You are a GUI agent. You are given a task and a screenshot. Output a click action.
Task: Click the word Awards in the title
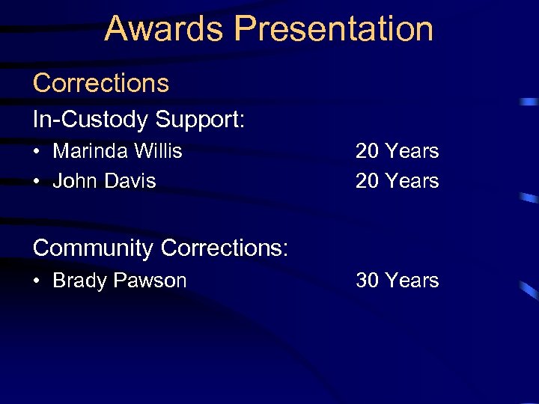pos(165,28)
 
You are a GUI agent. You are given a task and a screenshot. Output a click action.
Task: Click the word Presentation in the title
pos(334,28)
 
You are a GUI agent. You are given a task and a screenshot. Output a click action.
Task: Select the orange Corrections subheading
pos(101,82)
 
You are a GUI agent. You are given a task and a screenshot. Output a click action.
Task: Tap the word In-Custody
pos(90,119)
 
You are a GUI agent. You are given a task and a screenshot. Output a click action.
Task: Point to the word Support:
pos(200,119)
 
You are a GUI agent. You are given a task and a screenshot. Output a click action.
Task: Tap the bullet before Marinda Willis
pos(37,152)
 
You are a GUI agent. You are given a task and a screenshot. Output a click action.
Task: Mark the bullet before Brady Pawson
pos(37,281)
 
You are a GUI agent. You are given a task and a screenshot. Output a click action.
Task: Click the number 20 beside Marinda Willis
pos(367,151)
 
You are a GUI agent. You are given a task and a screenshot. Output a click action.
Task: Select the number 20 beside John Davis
pos(367,181)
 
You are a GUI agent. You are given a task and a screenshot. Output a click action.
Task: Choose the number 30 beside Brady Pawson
pos(367,281)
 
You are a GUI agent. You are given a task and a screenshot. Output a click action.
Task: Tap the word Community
pos(94,248)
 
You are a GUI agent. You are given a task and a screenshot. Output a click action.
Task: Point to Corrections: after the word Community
pos(225,248)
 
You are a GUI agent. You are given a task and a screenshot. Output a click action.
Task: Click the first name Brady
pos(80,281)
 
